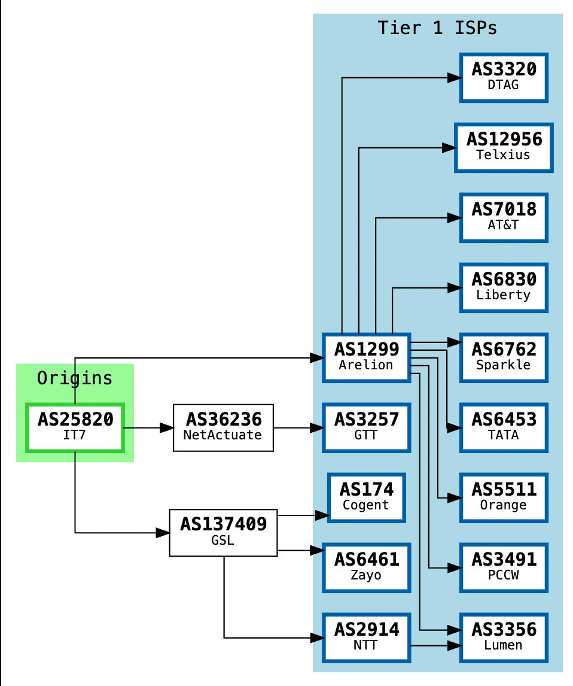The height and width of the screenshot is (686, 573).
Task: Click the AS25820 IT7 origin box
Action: pos(75,427)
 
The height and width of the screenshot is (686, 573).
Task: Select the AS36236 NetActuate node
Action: pos(223,427)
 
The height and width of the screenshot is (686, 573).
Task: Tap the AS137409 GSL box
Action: pos(223,532)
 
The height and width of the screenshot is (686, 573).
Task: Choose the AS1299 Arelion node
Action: pos(366,357)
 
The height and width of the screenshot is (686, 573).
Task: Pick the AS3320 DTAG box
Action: pos(504,77)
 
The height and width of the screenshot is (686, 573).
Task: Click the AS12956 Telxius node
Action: pos(504,147)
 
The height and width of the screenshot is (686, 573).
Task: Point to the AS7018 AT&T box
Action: pos(504,217)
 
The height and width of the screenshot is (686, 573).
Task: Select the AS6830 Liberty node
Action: pos(504,287)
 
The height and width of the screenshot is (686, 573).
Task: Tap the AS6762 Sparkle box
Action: pos(504,357)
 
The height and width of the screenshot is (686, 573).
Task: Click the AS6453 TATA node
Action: pos(504,427)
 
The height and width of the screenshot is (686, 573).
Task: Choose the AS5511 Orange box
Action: pos(504,497)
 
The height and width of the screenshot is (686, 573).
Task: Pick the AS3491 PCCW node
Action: pos(504,567)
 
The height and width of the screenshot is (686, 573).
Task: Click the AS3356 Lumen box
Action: pos(504,638)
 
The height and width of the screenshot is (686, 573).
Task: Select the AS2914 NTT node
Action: pos(366,638)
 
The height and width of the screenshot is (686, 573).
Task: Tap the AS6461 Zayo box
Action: pos(366,567)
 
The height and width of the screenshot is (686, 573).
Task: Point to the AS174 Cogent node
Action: pos(366,497)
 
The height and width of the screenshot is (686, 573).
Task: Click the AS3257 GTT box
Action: pos(366,427)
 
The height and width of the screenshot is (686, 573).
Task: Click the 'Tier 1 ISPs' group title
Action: pos(437,28)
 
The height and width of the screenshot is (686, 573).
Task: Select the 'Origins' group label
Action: pos(75,378)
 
